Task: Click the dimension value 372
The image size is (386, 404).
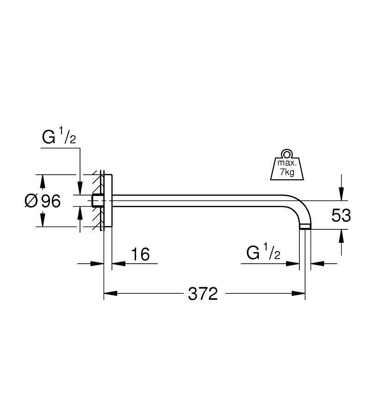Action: (x=203, y=294)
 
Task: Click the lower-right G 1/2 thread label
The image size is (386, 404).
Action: (x=263, y=254)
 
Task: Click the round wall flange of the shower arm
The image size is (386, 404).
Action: (x=108, y=201)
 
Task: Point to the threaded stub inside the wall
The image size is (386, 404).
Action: (x=97, y=201)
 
